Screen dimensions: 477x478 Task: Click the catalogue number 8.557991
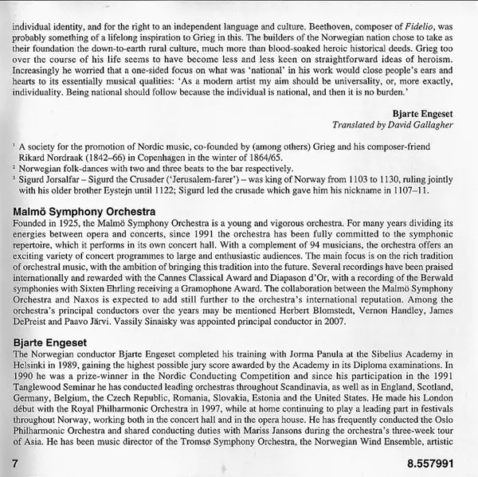[439, 461]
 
